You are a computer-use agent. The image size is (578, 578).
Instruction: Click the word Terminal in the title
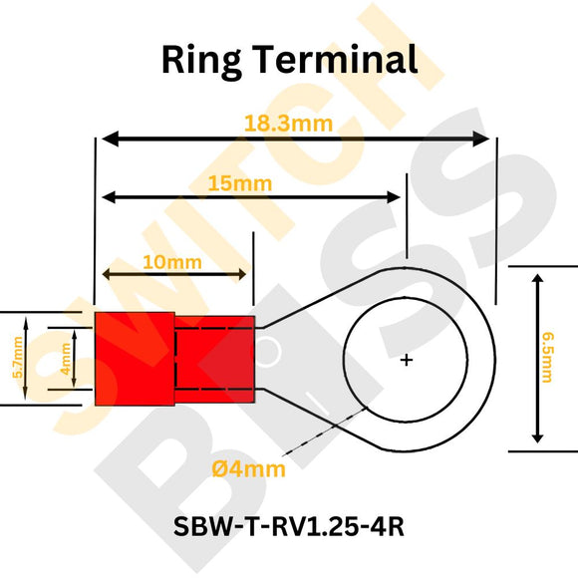[339, 60]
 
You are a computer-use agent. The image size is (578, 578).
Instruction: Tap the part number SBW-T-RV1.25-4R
[289, 525]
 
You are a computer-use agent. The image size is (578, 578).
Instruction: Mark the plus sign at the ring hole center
[406, 360]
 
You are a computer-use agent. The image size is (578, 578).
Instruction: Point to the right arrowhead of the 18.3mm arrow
[485, 140]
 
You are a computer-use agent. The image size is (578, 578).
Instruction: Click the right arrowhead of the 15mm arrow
[400, 197]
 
